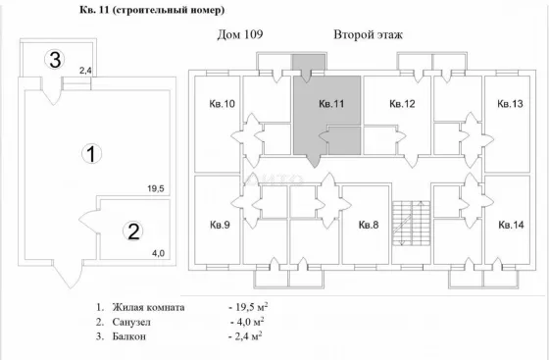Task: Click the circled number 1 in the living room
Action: point(91,154)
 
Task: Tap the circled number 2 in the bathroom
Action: point(133,231)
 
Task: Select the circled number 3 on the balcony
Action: point(55,59)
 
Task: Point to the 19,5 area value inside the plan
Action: point(156,189)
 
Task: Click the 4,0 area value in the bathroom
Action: point(158,253)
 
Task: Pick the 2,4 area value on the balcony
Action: point(85,71)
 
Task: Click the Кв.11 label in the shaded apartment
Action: point(331,104)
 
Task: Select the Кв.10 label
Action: point(222,104)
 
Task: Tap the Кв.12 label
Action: point(402,104)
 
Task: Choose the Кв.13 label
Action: point(510,104)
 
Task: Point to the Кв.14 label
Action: point(511,225)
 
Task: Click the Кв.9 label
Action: point(220,225)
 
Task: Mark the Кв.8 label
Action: point(369,225)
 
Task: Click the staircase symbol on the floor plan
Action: point(411,223)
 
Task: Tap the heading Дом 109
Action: point(240,34)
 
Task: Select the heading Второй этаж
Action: point(368,34)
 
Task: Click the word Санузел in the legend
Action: point(131,322)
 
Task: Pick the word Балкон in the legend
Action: point(129,336)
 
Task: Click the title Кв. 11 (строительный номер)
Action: point(152,10)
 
